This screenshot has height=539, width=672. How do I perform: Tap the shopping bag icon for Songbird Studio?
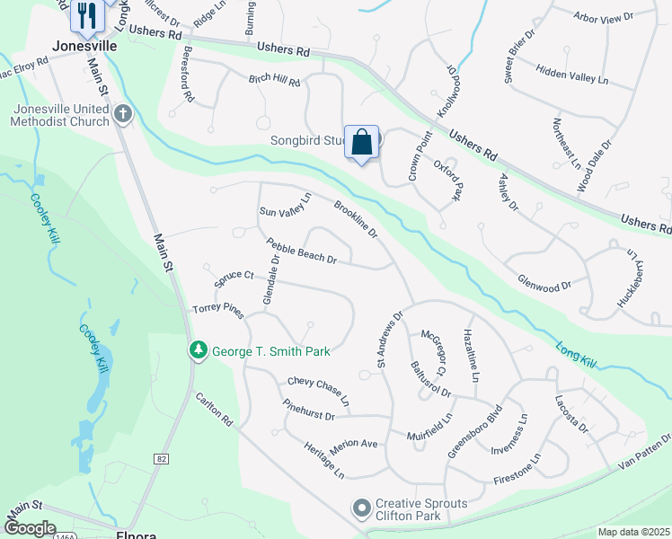coord(361,143)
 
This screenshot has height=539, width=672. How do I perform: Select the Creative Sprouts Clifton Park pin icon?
coord(362,509)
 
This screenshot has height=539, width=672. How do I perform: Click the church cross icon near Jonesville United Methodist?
coord(123,114)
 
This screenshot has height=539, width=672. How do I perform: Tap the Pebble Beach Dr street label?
coord(301,251)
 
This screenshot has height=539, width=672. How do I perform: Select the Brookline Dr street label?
coord(356,219)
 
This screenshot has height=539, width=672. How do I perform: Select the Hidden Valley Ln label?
coord(571,75)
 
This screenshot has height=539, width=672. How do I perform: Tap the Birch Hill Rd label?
coord(274,80)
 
